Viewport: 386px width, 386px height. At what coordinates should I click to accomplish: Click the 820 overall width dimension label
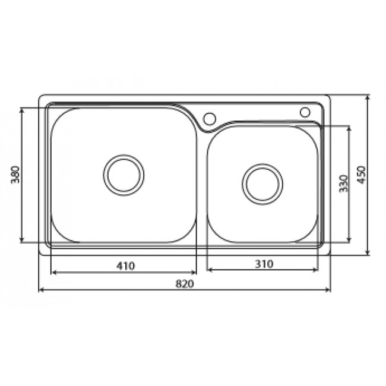(185, 284)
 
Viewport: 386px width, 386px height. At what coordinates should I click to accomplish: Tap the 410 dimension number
(125, 265)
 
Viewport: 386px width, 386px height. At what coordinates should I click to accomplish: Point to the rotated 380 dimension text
(17, 175)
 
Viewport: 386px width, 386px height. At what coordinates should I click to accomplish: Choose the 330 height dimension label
(342, 185)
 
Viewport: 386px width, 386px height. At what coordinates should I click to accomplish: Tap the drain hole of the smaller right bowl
(262, 182)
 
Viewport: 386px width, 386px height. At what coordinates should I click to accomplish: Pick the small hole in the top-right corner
(305, 111)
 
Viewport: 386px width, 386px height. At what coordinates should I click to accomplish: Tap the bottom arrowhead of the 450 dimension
(368, 254)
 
